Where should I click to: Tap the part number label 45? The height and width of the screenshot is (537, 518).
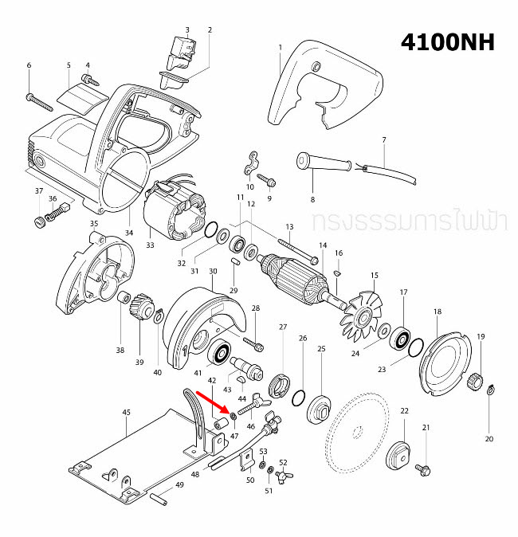point(126,413)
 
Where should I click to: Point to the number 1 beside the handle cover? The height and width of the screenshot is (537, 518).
point(281,48)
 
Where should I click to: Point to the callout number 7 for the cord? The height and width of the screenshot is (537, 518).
point(383,140)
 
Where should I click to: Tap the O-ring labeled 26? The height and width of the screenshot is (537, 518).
point(300,396)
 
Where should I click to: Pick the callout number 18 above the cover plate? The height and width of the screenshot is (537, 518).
point(438,311)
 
